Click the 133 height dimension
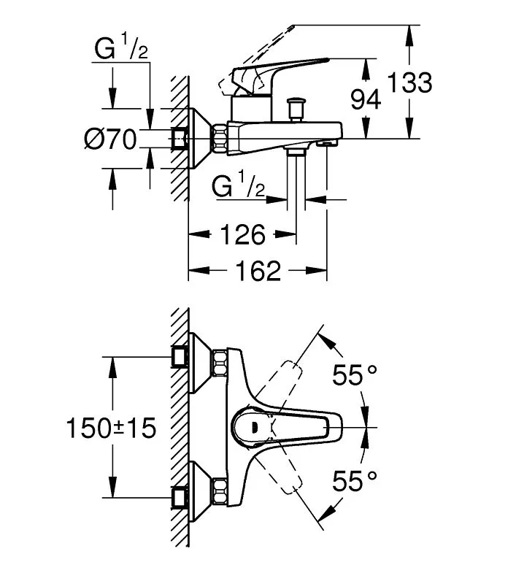tap(409, 82)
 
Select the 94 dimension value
tap(366, 99)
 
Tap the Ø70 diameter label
tap(110, 139)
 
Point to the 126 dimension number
tap(243, 234)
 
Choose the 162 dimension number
tap(258, 271)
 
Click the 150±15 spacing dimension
tap(111, 428)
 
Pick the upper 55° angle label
tap(355, 375)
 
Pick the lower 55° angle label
tap(355, 481)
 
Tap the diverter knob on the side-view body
tap(296, 108)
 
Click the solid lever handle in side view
tap(280, 74)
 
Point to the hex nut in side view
tap(220, 139)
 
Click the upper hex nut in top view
tap(220, 364)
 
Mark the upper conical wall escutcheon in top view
tap(199, 364)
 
